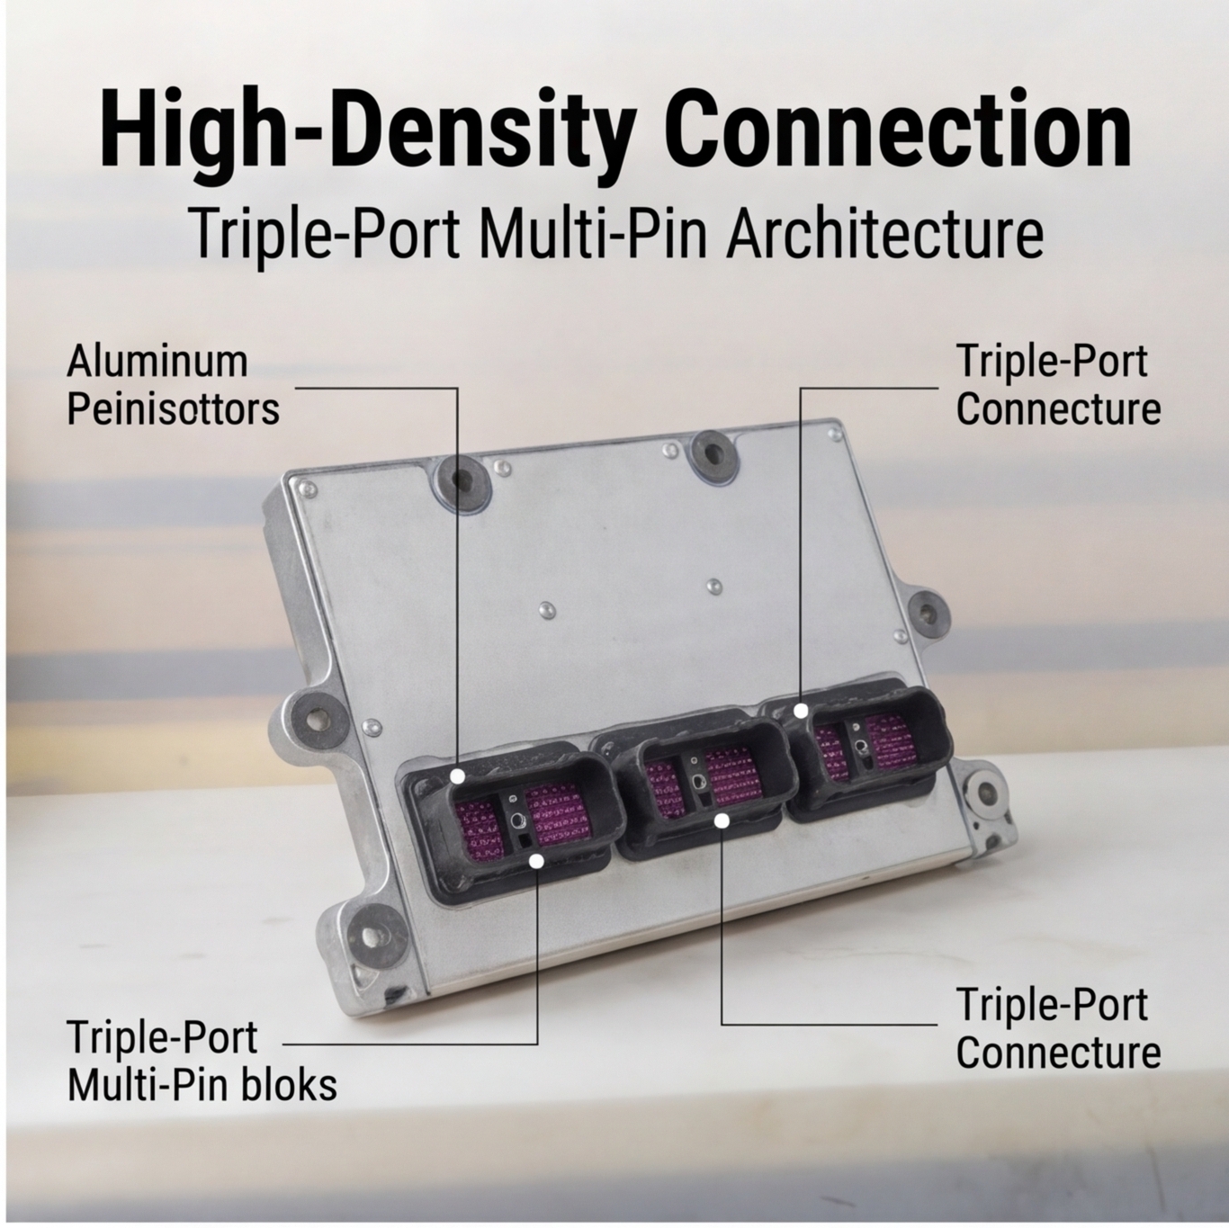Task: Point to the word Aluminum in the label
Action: [x=157, y=362]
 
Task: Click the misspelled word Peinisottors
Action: [x=174, y=409]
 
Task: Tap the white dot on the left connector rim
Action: [x=457, y=776]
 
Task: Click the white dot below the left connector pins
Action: [x=537, y=861]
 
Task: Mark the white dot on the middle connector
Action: [x=722, y=821]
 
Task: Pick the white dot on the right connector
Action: [x=801, y=710]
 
